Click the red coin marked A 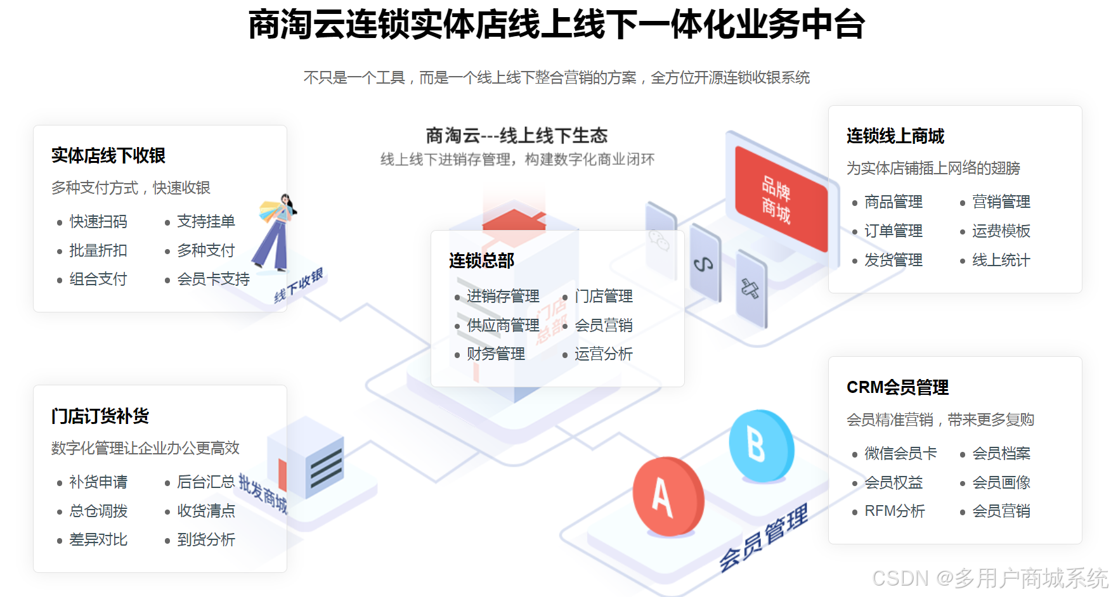pos(668,497)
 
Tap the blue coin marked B pos(760,445)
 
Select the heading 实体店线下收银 pos(108,156)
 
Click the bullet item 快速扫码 pos(98,222)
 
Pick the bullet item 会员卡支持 pos(213,279)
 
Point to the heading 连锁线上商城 pos(895,136)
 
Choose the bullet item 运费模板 pos(1001,231)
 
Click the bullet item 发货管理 pos(893,260)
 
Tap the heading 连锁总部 pos(481,261)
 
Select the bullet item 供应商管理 pos(503,326)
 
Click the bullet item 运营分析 pos(603,354)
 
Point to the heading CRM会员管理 pos(897,387)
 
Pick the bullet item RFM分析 pos(894,511)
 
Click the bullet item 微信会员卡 pos(900,454)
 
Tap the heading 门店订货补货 pos(100,416)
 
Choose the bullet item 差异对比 pos(98,540)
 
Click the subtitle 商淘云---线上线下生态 pos(516,136)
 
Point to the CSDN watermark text pos(990,578)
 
